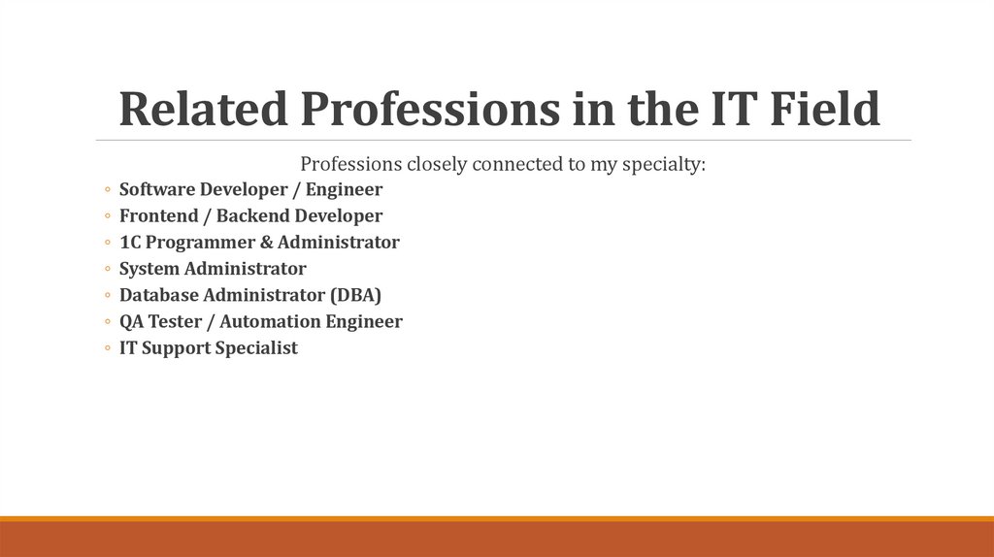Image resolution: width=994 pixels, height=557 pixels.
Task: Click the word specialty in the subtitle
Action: (663, 164)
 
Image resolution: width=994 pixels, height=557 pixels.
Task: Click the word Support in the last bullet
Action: (179, 347)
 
